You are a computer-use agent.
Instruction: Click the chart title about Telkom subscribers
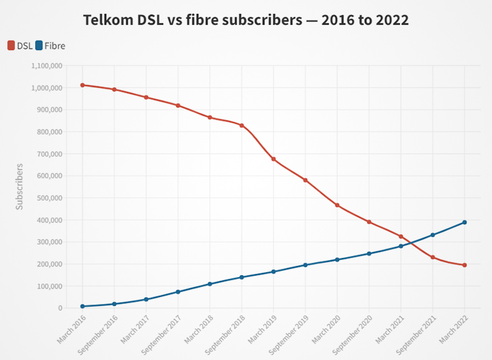pos(246,20)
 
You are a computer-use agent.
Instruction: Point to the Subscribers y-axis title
pos(20,186)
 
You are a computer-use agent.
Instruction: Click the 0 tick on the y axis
pos(61,308)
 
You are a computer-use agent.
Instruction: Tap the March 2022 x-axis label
pos(454,328)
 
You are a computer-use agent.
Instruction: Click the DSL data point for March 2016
pos(82,85)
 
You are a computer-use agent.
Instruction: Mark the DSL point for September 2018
pos(241,126)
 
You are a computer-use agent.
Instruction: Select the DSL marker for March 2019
pos(274,159)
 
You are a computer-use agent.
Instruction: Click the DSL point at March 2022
pos(465,265)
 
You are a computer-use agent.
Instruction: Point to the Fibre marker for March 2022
pos(465,222)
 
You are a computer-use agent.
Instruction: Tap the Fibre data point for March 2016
pos(82,306)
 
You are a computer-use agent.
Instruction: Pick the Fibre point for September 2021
pos(433,235)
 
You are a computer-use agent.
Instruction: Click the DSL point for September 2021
pos(433,257)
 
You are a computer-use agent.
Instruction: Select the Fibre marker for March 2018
pos(210,284)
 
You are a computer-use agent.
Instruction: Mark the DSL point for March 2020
pos(337,205)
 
